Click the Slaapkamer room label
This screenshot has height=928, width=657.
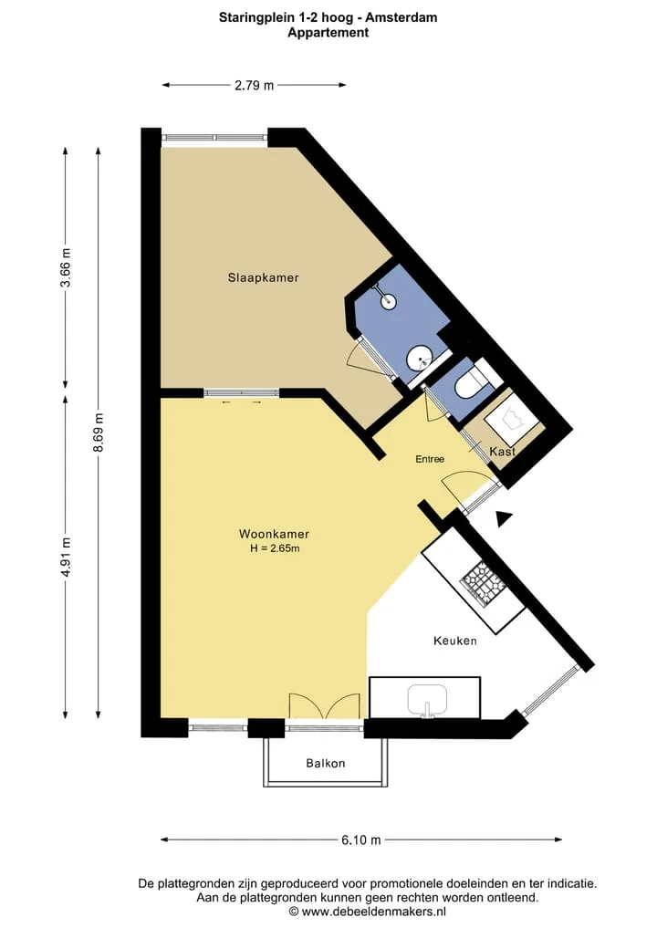point(264,277)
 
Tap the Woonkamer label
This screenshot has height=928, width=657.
point(274,534)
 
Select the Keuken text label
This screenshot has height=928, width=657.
point(455,641)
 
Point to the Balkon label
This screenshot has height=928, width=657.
point(326,764)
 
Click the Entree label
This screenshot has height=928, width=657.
point(430,459)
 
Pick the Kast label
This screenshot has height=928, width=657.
point(503,452)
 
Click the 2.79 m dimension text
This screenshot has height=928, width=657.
point(255,85)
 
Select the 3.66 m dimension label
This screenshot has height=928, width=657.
point(67,267)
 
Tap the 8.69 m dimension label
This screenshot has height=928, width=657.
point(99,433)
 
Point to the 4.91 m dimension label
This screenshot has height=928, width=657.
point(67,557)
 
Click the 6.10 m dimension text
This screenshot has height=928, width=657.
point(361,839)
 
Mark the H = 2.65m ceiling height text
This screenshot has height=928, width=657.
point(275,548)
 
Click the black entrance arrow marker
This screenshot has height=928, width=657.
point(504,519)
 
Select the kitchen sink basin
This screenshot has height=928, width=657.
point(427,700)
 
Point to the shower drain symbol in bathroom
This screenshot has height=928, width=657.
point(389,301)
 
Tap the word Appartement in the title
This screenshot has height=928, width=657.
point(328,33)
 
